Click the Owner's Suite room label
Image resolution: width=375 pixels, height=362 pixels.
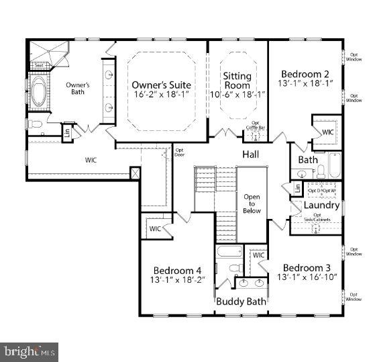click(x=161, y=85)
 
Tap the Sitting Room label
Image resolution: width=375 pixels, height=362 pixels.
click(x=237, y=81)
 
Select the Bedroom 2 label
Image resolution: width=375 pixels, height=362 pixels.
click(x=305, y=74)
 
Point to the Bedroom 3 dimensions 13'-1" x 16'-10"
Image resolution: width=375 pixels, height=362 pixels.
click(x=305, y=277)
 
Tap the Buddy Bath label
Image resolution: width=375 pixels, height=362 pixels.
click(x=241, y=302)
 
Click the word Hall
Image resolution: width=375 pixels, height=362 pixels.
click(x=251, y=154)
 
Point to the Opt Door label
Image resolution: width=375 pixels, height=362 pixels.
click(x=179, y=152)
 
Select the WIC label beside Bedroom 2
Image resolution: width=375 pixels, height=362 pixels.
click(x=327, y=132)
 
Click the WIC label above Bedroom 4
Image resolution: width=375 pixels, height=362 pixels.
click(x=155, y=228)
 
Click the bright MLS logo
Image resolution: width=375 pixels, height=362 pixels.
click(x=29, y=351)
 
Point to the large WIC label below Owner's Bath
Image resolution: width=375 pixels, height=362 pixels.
click(x=92, y=161)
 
